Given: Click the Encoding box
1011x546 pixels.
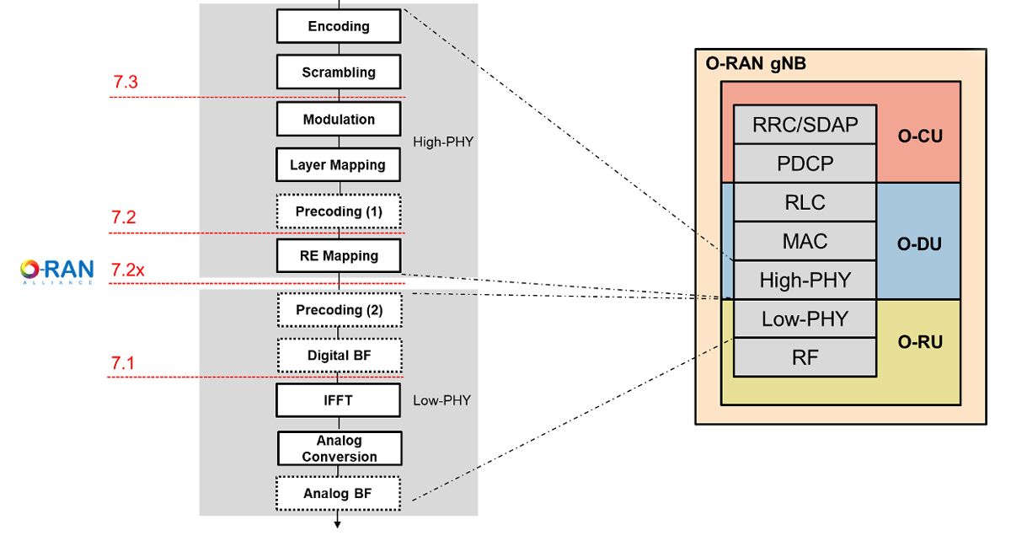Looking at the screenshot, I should click(x=339, y=26).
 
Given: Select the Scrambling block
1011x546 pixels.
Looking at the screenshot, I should click(x=339, y=72).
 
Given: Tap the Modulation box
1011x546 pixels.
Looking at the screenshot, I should click(x=339, y=119).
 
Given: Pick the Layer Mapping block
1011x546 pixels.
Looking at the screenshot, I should click(x=338, y=165).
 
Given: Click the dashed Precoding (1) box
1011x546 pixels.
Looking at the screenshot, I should click(x=339, y=211).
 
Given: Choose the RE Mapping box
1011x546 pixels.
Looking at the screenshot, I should click(x=339, y=255).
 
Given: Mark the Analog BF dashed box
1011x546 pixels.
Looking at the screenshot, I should click(x=339, y=494).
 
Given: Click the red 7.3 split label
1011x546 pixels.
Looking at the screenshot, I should click(x=125, y=83).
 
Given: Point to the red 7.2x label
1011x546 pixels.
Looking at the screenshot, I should click(x=128, y=270).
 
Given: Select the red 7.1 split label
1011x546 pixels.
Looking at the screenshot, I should click(x=123, y=363).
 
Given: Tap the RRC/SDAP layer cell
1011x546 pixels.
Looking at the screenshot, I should click(x=805, y=125).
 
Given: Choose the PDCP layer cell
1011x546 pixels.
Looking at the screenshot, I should click(x=805, y=163).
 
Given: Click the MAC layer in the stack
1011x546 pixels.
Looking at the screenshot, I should click(x=805, y=242).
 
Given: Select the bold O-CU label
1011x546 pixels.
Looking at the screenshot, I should click(x=918, y=136).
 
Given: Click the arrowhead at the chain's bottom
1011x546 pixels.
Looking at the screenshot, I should click(x=338, y=524).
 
